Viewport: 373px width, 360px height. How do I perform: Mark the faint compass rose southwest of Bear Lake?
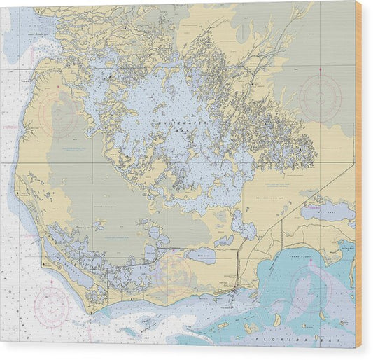click(x=174, y=273)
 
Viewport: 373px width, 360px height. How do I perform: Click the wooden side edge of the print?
click(x=358, y=175)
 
